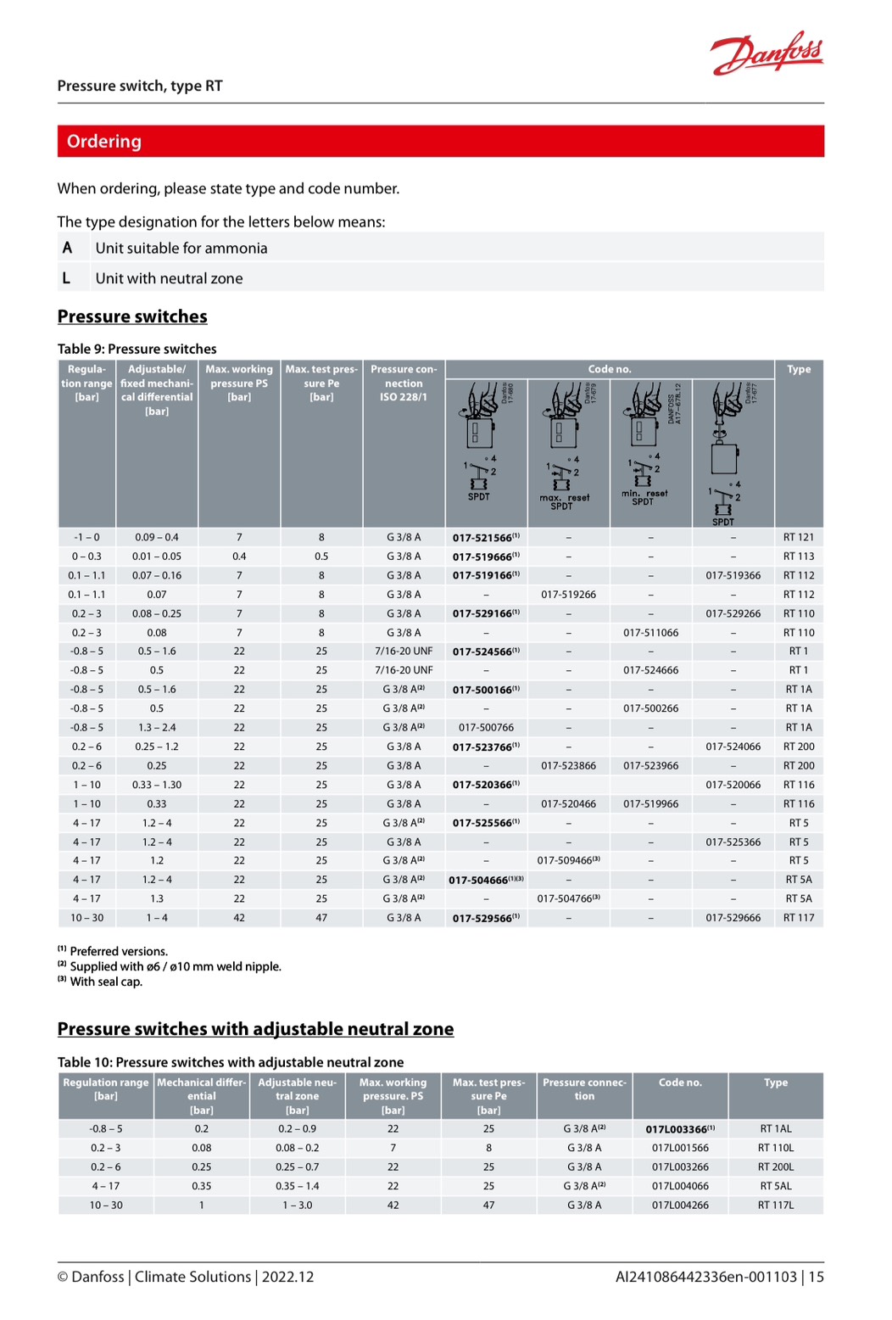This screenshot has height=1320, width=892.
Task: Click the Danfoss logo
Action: [767, 53]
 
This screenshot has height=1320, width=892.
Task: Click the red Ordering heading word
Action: [104, 142]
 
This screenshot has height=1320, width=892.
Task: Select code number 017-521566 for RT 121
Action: [482, 538]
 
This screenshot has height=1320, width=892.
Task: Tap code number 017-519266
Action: [568, 595]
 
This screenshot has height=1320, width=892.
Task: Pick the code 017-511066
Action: [650, 633]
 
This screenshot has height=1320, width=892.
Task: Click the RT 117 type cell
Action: [798, 918]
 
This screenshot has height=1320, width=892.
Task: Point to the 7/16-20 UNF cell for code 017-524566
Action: [404, 652]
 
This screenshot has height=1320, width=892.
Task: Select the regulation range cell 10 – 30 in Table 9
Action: [86, 918]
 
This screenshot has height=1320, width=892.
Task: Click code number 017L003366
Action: [677, 1129]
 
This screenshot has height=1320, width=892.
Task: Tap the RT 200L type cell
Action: [775, 1167]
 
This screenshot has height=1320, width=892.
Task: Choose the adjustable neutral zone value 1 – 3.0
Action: [297, 1205]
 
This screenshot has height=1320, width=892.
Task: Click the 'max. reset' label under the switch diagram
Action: [564, 498]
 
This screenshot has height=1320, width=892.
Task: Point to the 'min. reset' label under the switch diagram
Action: [644, 493]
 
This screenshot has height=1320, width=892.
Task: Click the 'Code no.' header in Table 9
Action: [610, 370]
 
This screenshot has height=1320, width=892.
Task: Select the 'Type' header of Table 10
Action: [775, 1082]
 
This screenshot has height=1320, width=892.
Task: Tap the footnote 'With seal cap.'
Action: [106, 982]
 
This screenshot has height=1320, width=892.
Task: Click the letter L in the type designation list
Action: [66, 278]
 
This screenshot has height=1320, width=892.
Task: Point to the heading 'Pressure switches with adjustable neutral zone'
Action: [255, 1029]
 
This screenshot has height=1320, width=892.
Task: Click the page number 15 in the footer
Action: [816, 1277]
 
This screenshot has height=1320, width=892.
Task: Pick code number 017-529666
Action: [733, 918]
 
